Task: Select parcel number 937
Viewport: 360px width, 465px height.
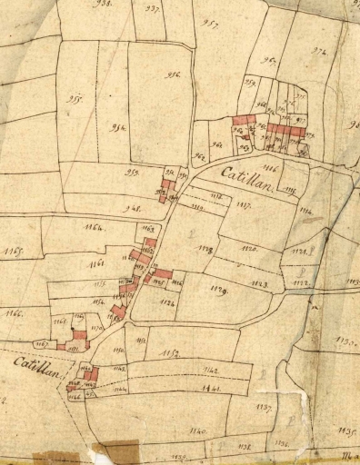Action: point(153,8)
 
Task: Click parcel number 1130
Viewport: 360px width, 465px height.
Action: point(344,342)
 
